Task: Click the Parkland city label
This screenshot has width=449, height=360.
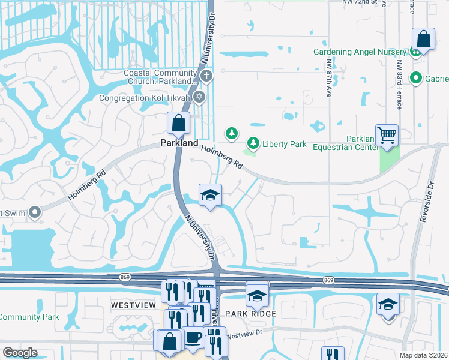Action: coord(179,143)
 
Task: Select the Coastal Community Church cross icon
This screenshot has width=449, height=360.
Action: coord(206,76)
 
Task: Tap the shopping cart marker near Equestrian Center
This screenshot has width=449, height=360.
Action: coord(387,135)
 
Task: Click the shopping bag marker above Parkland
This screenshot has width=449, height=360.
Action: coord(179,124)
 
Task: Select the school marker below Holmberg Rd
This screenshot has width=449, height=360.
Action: coord(210,195)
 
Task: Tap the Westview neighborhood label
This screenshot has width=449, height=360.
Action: coord(133,305)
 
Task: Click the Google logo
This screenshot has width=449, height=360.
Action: coord(20,353)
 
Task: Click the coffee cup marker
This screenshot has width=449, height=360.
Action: coord(193,337)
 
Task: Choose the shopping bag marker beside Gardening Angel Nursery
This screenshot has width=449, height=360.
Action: coord(423,40)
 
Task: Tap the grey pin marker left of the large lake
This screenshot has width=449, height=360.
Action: coord(35,212)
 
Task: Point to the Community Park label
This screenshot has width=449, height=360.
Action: coord(26,317)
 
